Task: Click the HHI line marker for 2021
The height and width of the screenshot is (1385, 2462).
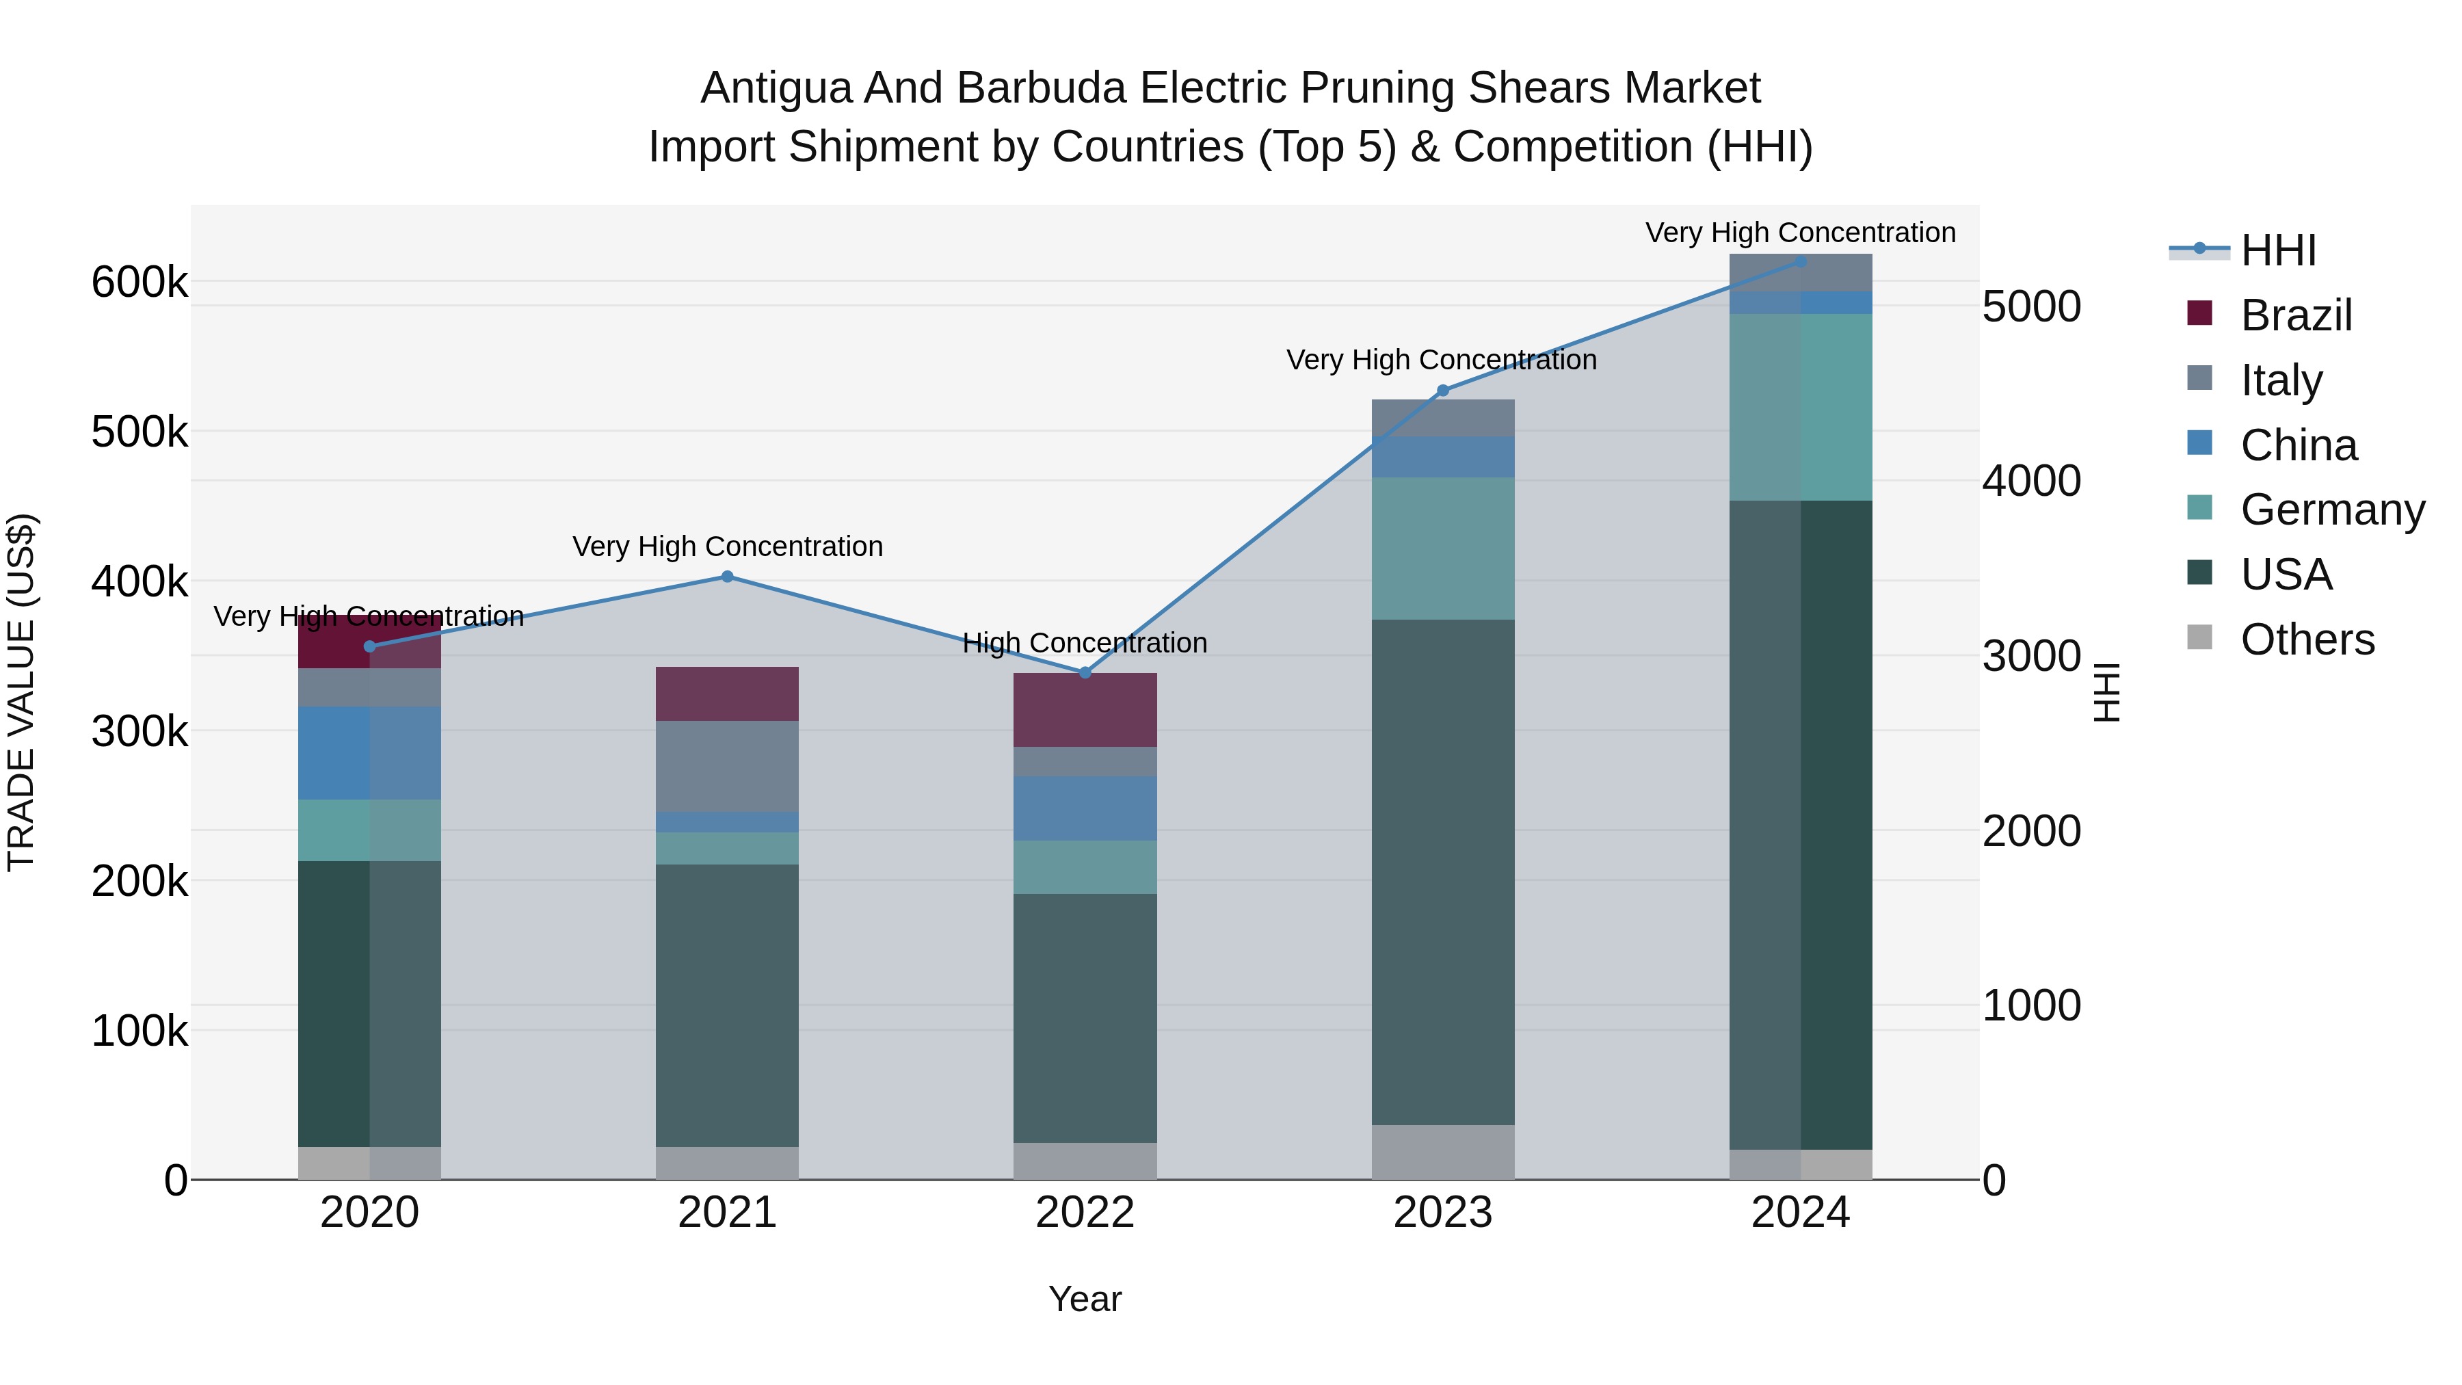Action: point(728,577)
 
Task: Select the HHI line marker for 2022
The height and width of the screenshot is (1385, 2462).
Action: point(1085,673)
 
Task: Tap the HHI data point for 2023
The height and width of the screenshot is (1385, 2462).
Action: point(1443,390)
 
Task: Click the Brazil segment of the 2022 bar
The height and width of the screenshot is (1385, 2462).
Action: point(1085,709)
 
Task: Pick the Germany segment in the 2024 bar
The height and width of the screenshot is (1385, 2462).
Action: point(1801,406)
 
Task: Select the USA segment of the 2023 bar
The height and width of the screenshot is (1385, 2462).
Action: point(1443,872)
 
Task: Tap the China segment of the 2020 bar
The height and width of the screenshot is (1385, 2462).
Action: point(370,752)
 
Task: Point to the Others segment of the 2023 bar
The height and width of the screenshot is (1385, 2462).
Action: point(1443,1152)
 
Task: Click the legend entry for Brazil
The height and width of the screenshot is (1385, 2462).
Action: point(2296,315)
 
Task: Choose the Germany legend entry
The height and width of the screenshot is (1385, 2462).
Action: point(2332,510)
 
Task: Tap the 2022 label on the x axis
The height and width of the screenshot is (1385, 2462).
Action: point(1085,1213)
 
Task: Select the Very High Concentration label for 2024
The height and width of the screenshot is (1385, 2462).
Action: point(1801,233)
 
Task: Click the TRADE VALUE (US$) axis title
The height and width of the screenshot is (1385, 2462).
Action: point(21,692)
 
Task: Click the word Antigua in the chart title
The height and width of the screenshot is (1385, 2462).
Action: point(776,88)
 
